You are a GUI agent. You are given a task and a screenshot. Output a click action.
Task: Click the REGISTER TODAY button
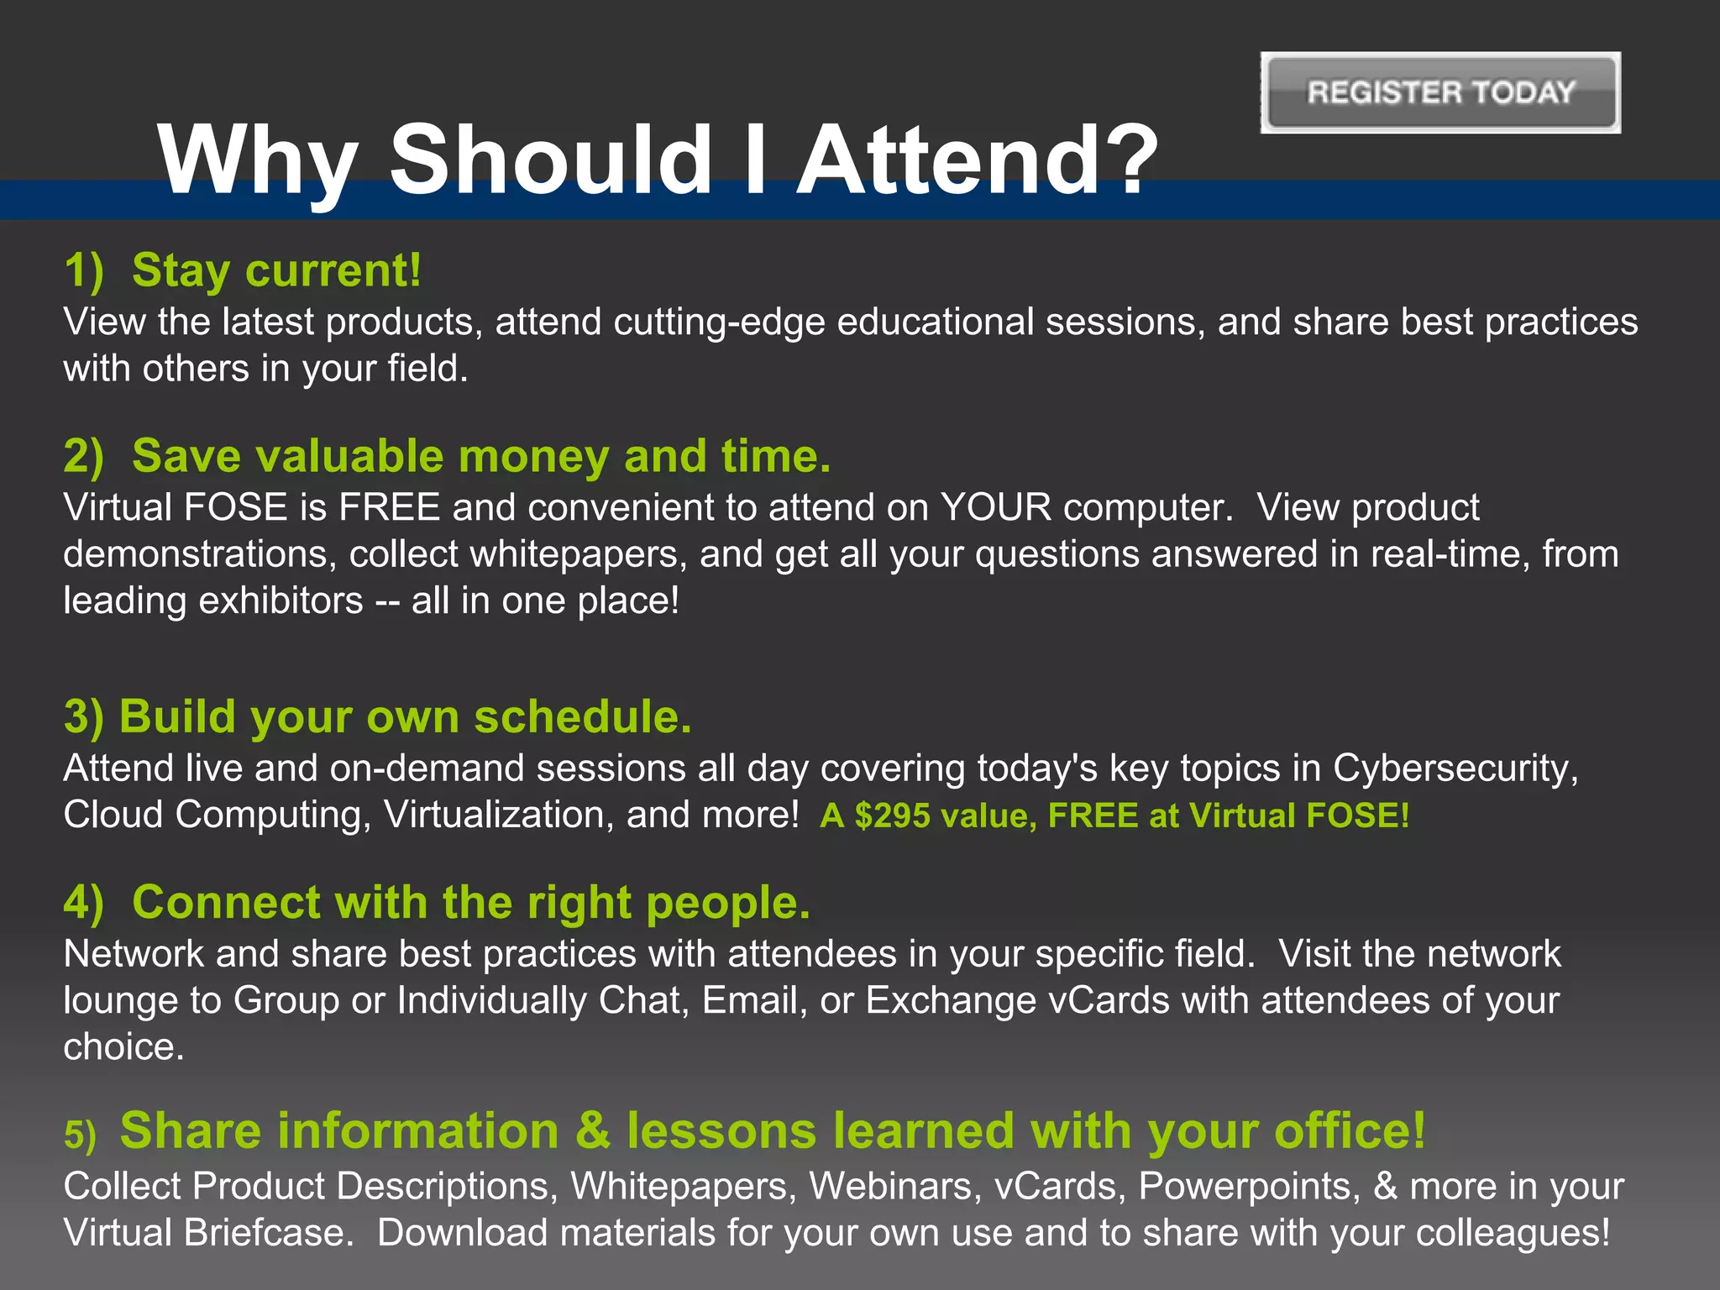coord(1440,92)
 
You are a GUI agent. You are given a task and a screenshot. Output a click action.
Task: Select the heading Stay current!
coord(276,270)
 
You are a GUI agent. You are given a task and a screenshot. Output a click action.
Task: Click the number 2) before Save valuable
coord(83,456)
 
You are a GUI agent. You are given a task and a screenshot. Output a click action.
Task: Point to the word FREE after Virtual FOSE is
coord(389,507)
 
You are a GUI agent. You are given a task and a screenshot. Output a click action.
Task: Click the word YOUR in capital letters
coord(995,507)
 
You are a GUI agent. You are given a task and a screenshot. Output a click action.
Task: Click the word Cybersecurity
coord(1455,768)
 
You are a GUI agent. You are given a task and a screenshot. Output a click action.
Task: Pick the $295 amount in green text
coord(892,815)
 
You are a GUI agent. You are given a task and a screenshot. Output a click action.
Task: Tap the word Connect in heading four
coord(226,903)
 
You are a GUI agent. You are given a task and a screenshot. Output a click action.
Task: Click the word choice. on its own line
coord(123,1047)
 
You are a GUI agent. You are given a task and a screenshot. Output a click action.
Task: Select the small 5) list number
coord(81,1135)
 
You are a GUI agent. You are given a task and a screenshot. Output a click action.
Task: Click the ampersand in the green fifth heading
coord(593,1130)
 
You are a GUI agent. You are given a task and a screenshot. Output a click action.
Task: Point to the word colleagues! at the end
coord(1513,1233)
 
